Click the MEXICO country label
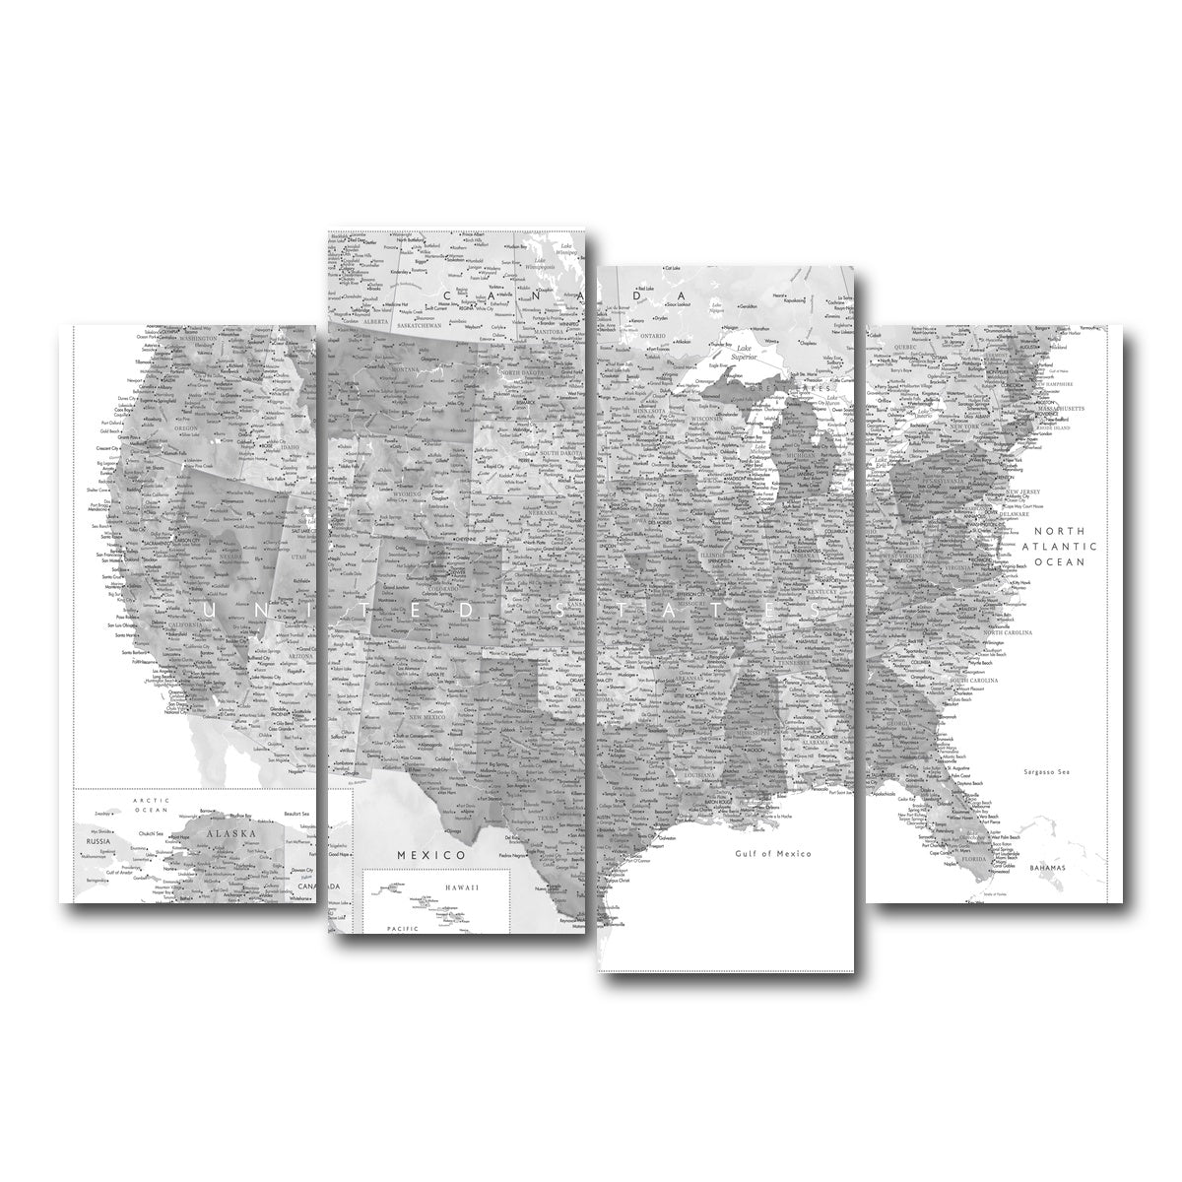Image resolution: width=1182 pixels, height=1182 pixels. coord(430,855)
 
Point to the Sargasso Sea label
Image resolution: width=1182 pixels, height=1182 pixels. coord(1047,771)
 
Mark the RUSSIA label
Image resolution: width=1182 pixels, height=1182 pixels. coord(98,842)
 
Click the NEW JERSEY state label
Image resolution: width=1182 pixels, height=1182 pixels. coord(1024,491)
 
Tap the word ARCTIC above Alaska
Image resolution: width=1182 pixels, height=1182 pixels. coord(128,801)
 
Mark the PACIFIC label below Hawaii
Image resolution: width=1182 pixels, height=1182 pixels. coord(402,929)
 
